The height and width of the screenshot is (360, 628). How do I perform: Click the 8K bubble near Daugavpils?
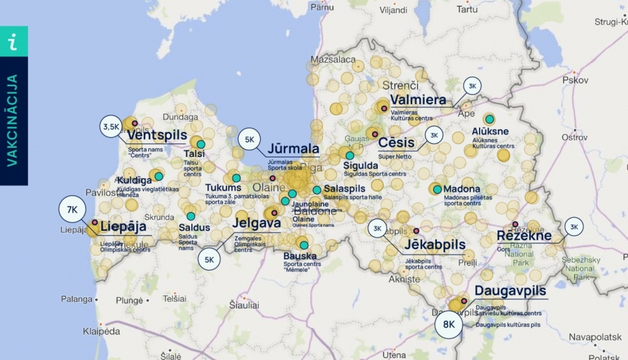click(449, 324)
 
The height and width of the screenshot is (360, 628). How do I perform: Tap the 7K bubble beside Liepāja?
click(72, 210)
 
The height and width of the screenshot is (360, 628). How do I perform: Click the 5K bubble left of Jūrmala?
click(250, 140)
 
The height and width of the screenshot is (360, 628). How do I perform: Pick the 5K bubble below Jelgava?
click(209, 259)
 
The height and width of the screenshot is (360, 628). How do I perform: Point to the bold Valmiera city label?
click(418, 100)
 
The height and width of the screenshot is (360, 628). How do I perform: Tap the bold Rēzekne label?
click(524, 236)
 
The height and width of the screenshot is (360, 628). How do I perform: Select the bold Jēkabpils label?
click(435, 245)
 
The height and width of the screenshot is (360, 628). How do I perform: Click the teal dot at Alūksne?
click(489, 118)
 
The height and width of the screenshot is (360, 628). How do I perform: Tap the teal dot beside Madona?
click(437, 190)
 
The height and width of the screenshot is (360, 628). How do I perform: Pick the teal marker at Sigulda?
click(350, 156)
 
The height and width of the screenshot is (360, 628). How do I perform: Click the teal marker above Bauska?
click(304, 245)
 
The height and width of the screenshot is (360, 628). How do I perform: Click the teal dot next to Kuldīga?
click(159, 177)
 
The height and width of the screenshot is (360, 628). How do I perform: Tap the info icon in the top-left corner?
click(13, 42)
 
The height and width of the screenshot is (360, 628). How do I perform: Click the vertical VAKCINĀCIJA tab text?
click(13, 120)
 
